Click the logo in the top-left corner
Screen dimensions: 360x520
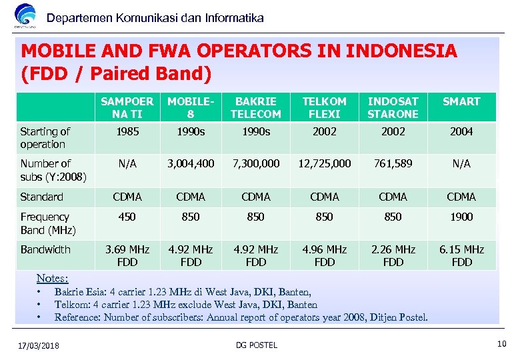[25, 16]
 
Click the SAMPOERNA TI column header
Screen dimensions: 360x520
[127, 107]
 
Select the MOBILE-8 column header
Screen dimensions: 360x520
[191, 107]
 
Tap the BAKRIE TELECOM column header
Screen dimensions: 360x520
[256, 107]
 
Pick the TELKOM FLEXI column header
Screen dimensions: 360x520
[325, 107]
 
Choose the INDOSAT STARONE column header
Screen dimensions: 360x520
[393, 107]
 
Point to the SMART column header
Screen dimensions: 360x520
[461, 101]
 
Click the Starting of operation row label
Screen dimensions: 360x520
[45, 138]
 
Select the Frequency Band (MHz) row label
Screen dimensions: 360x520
[48, 223]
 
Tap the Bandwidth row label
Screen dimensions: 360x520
[45, 249]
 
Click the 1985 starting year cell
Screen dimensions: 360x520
[127, 132]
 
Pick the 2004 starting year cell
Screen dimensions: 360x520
[461, 132]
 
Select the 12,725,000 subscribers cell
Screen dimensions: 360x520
[325, 163]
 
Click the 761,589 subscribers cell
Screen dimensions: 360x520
[393, 163]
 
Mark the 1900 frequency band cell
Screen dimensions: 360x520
[461, 217]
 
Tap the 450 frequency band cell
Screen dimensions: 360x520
[127, 217]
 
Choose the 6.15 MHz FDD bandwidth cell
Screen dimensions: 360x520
[461, 255]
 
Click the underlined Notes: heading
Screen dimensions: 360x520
[53, 278]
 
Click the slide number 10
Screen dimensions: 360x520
[501, 344]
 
